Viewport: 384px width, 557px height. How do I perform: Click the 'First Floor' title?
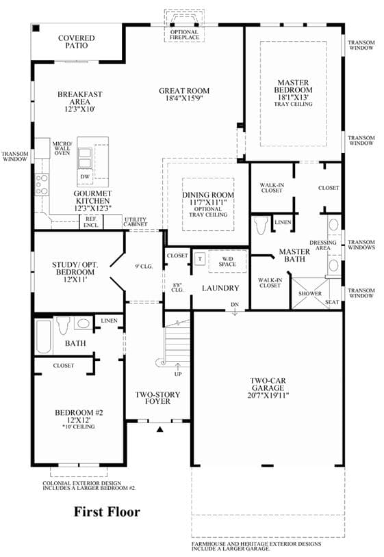coord(107,511)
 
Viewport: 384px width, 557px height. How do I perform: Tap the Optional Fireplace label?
coord(184,34)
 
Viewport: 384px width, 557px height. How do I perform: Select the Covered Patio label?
coord(77,42)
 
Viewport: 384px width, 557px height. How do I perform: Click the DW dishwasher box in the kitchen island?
coord(85,176)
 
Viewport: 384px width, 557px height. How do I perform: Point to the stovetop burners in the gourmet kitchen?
coord(42,185)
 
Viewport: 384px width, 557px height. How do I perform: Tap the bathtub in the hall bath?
coord(43,336)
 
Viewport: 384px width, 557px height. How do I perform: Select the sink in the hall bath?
coord(84,324)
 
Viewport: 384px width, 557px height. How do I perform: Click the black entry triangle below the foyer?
coord(160,429)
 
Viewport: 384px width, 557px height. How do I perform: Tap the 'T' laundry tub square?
coord(200,259)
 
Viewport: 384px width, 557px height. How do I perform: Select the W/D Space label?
coord(227,262)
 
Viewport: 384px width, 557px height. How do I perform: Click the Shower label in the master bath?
coord(310,293)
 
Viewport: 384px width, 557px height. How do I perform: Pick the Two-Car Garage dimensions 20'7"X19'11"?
coord(268,396)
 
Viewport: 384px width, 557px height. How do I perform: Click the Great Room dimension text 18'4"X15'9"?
coord(184,98)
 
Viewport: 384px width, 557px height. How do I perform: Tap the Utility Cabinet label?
coord(136,221)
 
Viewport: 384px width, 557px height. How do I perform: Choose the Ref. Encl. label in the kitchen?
coord(91,222)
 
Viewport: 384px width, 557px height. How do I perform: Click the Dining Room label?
coord(208,195)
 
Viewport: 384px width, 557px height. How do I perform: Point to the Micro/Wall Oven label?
coord(62,148)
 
